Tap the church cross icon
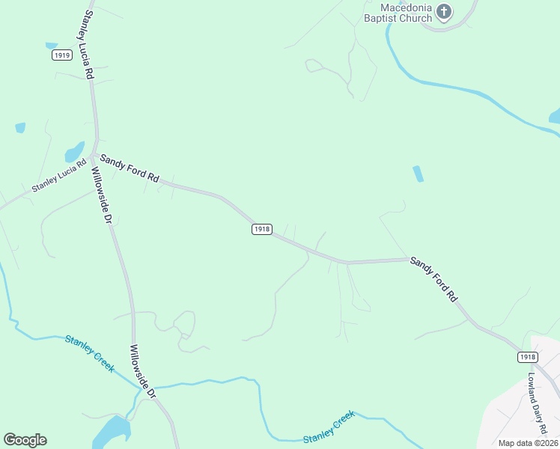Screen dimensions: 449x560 (444, 11)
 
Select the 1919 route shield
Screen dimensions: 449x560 (62, 55)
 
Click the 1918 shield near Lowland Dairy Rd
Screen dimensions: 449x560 (527, 358)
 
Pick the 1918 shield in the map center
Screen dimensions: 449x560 (261, 229)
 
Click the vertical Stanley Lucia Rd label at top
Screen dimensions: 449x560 (87, 46)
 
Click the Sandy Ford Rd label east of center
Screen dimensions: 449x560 (433, 278)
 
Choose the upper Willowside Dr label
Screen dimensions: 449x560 (101, 196)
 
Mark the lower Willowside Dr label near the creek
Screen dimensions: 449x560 (142, 370)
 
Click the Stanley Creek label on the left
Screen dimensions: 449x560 (89, 353)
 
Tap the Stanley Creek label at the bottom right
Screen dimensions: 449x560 (329, 427)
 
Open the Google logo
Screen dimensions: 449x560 (25, 440)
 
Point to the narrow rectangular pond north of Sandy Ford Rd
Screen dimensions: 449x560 (418, 174)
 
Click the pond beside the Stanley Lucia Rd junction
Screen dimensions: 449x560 (75, 151)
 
